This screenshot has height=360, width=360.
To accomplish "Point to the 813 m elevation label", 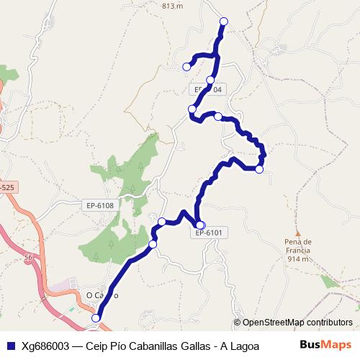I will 174,6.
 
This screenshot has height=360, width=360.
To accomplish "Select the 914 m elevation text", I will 297,258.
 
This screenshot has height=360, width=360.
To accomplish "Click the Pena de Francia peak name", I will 297,246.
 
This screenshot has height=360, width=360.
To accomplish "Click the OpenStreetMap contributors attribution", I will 294,323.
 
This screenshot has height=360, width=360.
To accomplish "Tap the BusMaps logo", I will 326,345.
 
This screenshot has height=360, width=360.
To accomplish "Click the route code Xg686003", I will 46,346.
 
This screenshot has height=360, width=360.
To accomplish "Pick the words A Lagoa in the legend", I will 240,346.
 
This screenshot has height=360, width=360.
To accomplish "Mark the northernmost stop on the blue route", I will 223,22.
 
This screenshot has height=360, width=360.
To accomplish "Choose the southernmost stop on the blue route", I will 96,318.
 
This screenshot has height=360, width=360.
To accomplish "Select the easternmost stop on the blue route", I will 259,169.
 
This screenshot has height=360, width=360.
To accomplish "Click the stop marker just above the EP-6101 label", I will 200,225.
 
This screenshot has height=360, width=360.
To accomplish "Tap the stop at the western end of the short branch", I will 186,67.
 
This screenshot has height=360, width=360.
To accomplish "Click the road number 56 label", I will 29,256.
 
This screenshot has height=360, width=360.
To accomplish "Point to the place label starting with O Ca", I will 101,294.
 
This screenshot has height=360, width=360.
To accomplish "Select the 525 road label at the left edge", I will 6,187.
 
